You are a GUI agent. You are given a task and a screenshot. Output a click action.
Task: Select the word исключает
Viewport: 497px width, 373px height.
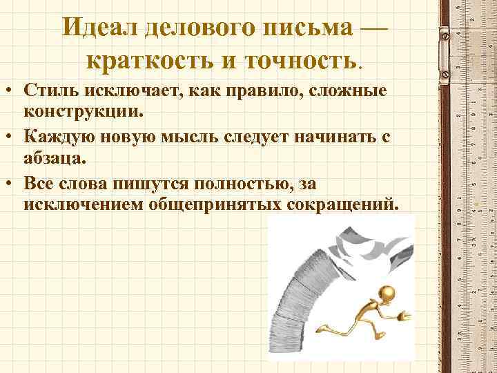point(124,92)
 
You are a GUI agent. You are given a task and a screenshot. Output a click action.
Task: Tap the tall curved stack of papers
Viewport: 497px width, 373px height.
point(290,290)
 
